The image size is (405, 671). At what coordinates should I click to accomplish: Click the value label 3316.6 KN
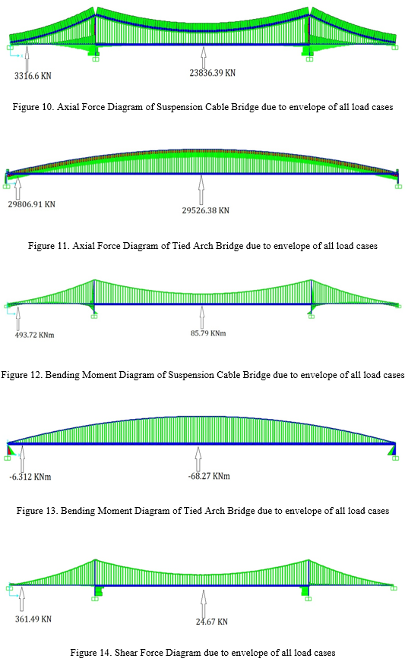[x=33, y=76]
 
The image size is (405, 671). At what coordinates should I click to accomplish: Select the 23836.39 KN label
[x=213, y=73]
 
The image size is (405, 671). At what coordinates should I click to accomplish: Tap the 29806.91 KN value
[x=31, y=204]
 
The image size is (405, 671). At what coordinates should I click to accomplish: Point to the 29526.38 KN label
[x=206, y=210]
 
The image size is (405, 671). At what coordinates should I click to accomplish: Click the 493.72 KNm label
[x=35, y=335]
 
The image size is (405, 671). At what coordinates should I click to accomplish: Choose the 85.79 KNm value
[x=208, y=333]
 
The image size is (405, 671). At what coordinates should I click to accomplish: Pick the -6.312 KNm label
[x=30, y=477]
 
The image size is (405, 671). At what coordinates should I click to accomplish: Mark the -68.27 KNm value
[x=209, y=476]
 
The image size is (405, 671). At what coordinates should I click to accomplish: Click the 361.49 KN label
[x=33, y=619]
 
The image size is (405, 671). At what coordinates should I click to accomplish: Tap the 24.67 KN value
[x=212, y=622]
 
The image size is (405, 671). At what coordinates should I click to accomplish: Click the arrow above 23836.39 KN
[x=204, y=58]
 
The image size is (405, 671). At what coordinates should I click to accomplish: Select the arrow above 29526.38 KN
[x=201, y=190]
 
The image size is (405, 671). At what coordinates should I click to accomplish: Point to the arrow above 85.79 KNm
[x=202, y=317]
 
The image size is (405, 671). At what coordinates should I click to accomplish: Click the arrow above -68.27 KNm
[x=198, y=458]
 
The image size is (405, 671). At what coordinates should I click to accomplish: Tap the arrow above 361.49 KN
[x=22, y=599]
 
